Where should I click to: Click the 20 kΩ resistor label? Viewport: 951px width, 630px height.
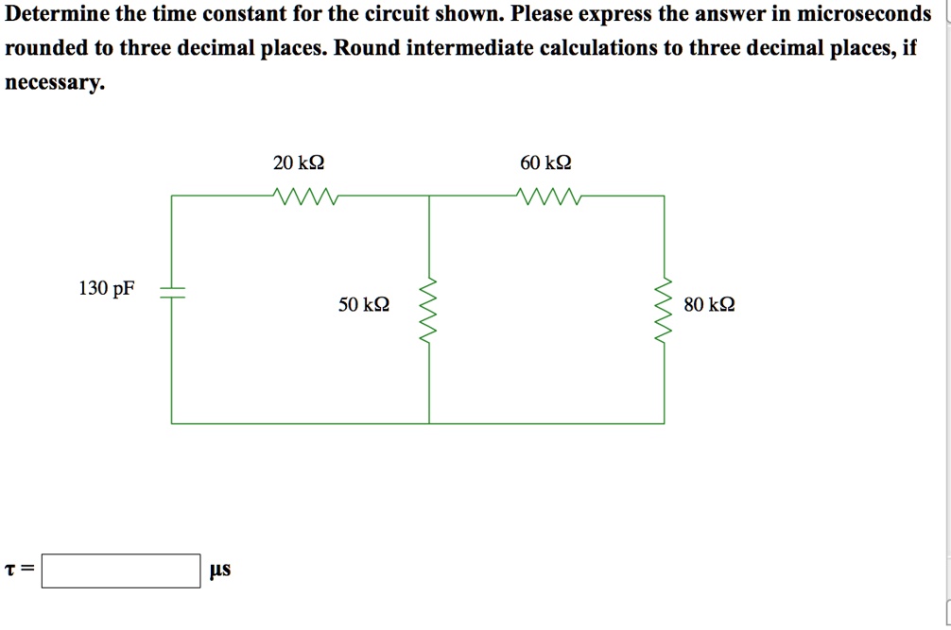point(298,163)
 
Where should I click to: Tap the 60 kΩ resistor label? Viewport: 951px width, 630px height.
point(545,163)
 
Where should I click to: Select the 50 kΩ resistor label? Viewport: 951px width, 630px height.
point(364,305)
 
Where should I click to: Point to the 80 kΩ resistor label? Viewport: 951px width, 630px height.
point(709,305)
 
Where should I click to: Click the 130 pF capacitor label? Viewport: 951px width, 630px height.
point(106,289)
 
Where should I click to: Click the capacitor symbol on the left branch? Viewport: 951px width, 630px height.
point(172,292)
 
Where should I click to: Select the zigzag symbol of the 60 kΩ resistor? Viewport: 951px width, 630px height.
point(549,196)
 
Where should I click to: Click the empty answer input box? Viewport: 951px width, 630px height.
point(120,570)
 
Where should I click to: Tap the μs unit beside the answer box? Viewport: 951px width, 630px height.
point(219,570)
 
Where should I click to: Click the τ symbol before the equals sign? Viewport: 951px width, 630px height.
point(10,570)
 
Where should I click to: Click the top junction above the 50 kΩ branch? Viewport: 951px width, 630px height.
point(430,196)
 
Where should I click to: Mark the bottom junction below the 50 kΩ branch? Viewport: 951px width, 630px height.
point(430,423)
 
